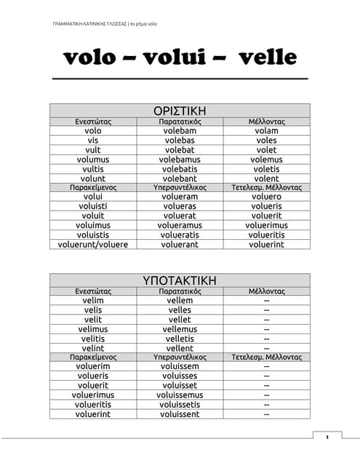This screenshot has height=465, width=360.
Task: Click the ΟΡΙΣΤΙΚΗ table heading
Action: pos(180,110)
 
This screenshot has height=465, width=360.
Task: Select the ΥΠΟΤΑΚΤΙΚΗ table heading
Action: pos(180,280)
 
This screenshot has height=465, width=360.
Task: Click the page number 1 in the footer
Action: pos(327,437)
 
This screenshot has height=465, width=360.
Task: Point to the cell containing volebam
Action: pos(180,131)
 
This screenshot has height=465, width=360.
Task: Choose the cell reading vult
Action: pos(93,150)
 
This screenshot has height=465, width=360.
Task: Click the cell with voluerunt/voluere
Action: pos(93,244)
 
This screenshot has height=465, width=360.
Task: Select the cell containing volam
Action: pos(266,131)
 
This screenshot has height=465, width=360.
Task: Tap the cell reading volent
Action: pos(266,178)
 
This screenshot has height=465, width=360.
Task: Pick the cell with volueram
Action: pos(180,197)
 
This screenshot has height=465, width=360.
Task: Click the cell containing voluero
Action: pos(266,197)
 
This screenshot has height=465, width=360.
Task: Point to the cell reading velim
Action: pos(93,301)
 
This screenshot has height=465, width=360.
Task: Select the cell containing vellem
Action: pos(180,301)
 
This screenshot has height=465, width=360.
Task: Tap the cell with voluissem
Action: pos(180,367)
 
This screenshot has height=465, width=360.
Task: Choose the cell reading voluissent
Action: pos(180,414)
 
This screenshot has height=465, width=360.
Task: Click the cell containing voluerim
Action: pos(93,367)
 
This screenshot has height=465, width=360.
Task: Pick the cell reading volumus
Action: pos(93,159)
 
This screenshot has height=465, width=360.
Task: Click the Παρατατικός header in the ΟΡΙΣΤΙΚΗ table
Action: pos(180,121)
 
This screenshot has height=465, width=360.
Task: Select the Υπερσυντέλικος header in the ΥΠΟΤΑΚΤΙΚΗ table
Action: pos(180,357)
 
